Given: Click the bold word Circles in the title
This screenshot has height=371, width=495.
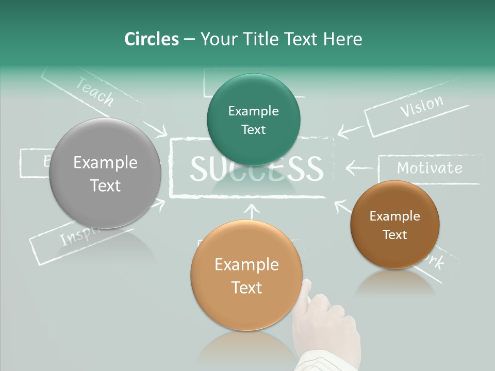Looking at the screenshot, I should pos(152,39).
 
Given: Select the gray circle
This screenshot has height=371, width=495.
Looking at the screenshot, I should pos(106,173).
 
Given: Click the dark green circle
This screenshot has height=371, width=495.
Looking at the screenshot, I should pos(253,120).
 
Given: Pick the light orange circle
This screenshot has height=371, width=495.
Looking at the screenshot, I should pos(246,275).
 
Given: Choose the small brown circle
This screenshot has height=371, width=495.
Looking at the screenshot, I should pos(395,225).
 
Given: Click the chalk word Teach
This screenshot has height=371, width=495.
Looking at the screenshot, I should pos(94,92).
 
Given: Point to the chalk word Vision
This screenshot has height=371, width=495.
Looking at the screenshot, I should pos(422,106).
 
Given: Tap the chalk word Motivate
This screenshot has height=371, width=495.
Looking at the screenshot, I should pos(430,168).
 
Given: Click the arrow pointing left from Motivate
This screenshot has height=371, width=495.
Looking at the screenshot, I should pos(359,167).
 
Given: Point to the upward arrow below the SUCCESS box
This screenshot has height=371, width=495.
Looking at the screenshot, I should pos(252,211).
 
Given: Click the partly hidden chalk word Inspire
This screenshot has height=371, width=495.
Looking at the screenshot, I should pos(77,237).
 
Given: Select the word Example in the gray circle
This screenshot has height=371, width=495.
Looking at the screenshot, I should pos(106,163).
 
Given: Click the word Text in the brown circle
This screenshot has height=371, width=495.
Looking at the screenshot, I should pos(395,235).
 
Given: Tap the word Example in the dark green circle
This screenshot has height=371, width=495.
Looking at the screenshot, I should pos(253,111).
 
